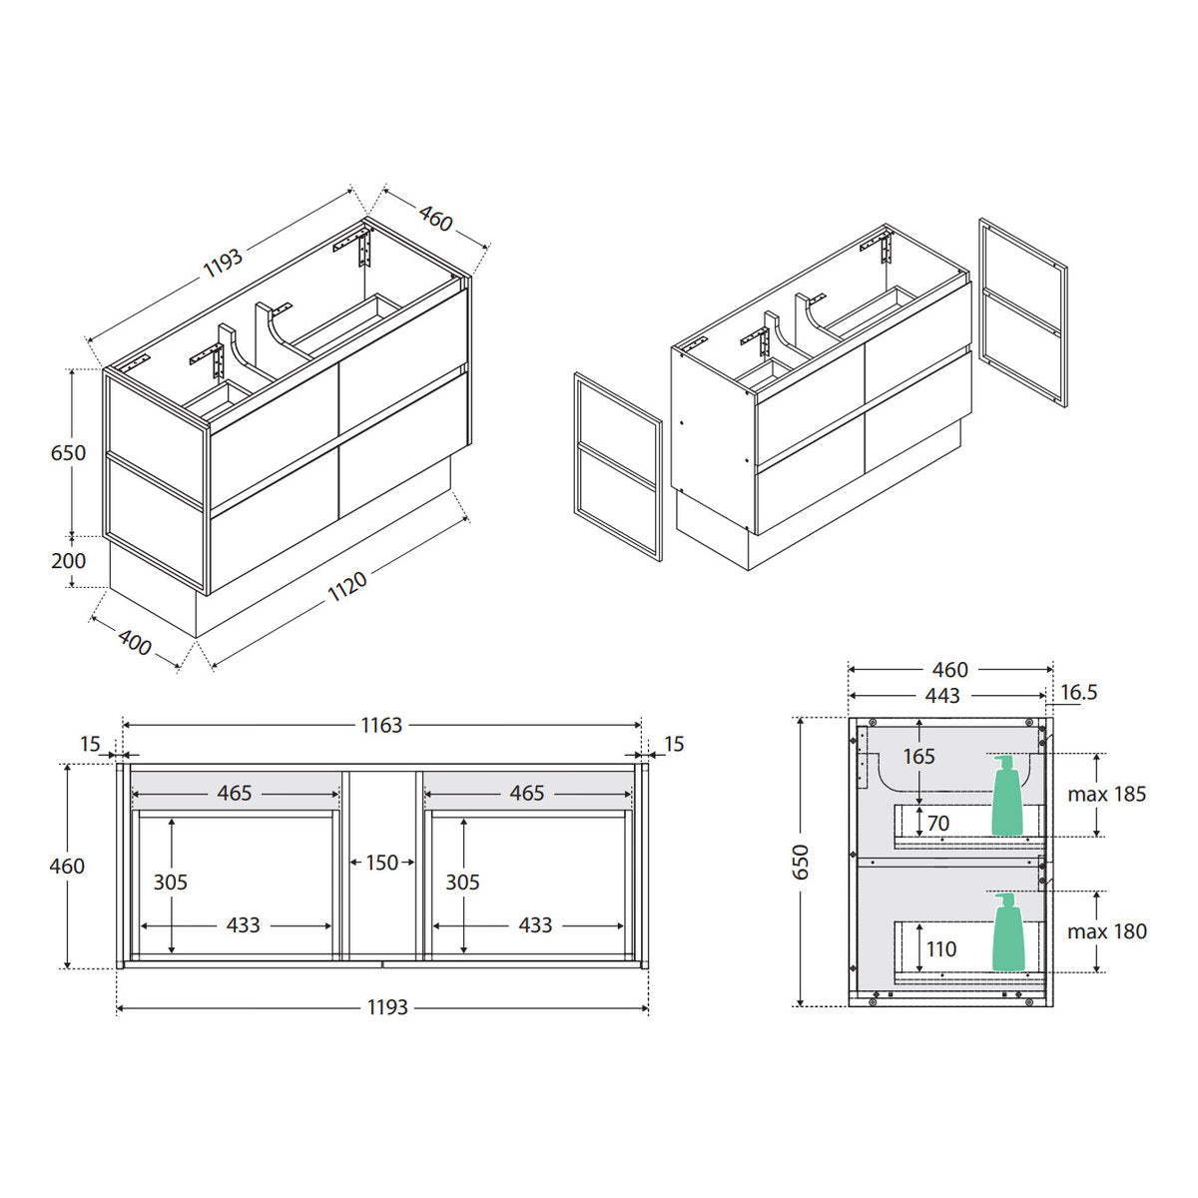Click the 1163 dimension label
click(381, 725)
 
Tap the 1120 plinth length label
click(347, 586)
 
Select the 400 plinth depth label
click(135, 642)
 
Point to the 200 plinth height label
click(69, 561)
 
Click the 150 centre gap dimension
click(381, 863)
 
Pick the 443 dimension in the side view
click(942, 696)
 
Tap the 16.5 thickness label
click(1078, 692)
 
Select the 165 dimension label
click(918, 756)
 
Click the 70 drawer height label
click(938, 823)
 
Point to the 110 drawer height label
click(941, 949)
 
